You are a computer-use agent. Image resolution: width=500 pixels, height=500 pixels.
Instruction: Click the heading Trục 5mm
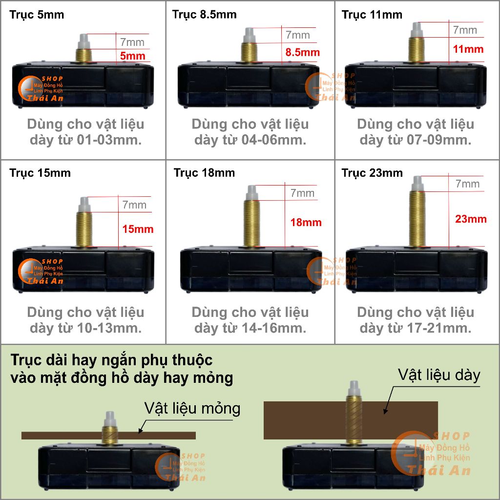[x=37, y=15]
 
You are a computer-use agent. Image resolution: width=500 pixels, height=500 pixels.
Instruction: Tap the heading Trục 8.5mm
[x=205, y=15]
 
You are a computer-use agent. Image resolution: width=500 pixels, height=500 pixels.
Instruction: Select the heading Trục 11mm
[x=372, y=15]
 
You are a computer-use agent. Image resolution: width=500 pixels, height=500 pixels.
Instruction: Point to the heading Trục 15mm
[x=40, y=173]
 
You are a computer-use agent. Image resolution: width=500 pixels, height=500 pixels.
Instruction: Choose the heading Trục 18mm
[x=205, y=173]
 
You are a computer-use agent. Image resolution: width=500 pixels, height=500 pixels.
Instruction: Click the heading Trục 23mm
[x=372, y=173]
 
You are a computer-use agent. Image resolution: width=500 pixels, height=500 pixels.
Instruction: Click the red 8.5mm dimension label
[x=302, y=52]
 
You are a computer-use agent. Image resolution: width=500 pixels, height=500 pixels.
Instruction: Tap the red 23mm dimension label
[x=471, y=219]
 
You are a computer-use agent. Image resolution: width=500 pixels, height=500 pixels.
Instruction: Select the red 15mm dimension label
[x=138, y=229]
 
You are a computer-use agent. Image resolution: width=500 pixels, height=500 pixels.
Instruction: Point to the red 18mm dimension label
[x=306, y=222]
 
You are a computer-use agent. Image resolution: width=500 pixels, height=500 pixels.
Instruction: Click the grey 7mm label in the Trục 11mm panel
[x=465, y=30]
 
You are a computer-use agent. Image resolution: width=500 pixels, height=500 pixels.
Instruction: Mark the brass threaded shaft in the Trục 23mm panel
[x=417, y=219]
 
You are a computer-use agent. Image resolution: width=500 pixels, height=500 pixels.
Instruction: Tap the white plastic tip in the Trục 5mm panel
[x=83, y=42]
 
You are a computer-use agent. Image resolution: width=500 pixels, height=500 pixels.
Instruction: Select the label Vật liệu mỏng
[x=192, y=409]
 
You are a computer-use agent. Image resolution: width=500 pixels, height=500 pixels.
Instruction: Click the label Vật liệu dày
[x=439, y=375]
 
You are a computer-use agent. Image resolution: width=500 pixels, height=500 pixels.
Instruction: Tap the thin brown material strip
[x=108, y=436]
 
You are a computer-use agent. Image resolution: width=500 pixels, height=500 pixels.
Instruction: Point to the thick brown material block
[x=351, y=420]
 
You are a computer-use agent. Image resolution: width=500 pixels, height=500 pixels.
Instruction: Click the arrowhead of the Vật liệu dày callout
[x=385, y=412]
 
